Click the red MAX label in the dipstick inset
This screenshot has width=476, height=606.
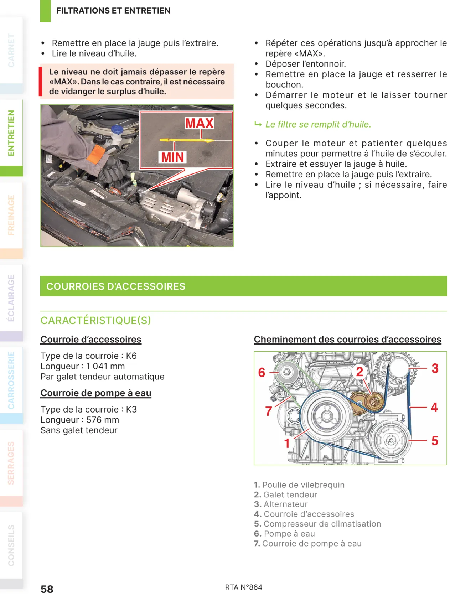click(x=200, y=123)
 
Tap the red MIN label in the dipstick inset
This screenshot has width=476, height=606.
click(x=172, y=157)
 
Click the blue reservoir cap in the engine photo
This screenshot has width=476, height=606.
click(x=117, y=129)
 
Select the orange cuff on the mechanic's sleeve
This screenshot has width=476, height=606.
click(x=96, y=154)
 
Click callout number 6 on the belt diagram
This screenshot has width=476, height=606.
click(x=262, y=372)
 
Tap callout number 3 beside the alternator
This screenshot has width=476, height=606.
click(x=435, y=368)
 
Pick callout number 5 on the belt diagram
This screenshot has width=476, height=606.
click(x=435, y=441)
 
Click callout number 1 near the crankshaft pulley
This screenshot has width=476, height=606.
click(x=287, y=443)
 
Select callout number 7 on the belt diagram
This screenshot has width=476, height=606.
click(x=269, y=411)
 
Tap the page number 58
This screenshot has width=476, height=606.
click(x=47, y=589)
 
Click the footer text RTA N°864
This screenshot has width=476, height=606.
click(x=244, y=587)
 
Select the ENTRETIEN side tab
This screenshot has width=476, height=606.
click(x=11, y=133)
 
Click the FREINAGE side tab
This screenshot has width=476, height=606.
click(x=11, y=215)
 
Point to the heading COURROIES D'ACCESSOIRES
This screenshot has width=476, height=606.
click(x=116, y=286)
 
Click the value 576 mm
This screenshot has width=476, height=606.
click(x=103, y=420)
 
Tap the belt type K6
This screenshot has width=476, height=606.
click(x=131, y=356)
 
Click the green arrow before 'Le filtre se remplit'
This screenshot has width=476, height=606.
click(x=258, y=124)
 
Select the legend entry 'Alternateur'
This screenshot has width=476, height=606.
click(x=285, y=504)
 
